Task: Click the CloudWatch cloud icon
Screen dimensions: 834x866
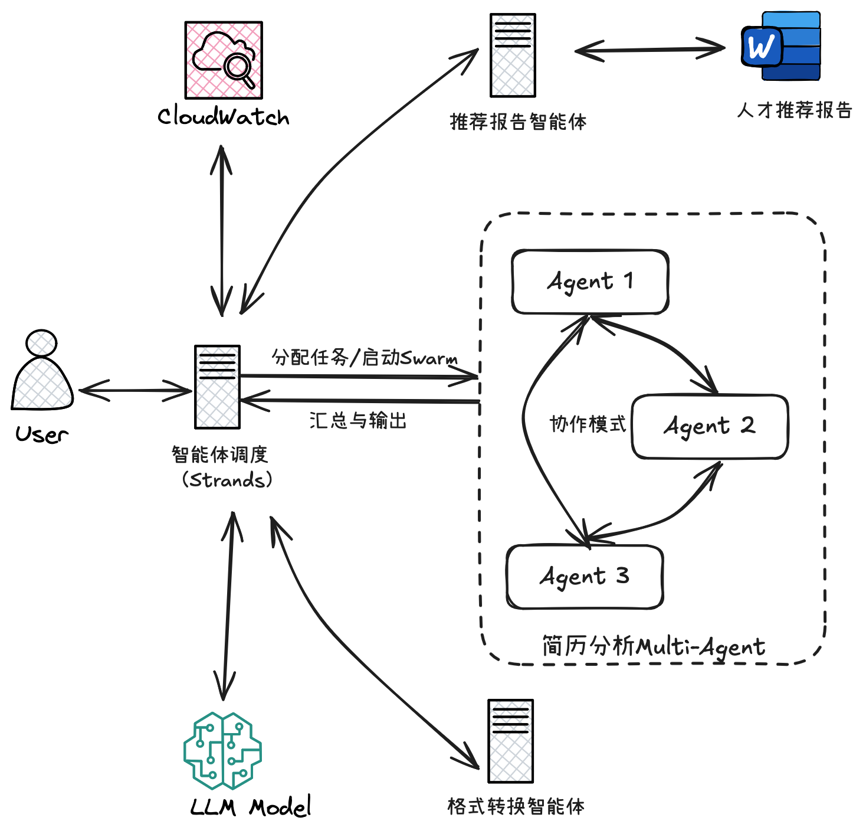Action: pyautogui.click(x=224, y=60)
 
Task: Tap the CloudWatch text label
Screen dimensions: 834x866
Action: pyautogui.click(x=224, y=116)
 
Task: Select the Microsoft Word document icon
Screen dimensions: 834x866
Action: pyautogui.click(x=781, y=46)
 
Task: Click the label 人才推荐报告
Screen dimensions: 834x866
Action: pyautogui.click(x=794, y=110)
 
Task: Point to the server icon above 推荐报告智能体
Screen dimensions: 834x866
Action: pyautogui.click(x=513, y=55)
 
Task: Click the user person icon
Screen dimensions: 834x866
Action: pyautogui.click(x=42, y=371)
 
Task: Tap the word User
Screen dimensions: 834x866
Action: pyautogui.click(x=41, y=434)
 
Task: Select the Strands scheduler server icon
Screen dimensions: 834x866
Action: pyautogui.click(x=217, y=387)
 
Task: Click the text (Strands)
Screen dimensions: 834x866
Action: pyautogui.click(x=227, y=479)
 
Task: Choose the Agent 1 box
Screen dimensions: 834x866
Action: pyautogui.click(x=590, y=282)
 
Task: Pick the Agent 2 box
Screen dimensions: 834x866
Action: pyautogui.click(x=710, y=426)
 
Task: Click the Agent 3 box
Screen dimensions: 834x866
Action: pyautogui.click(x=585, y=576)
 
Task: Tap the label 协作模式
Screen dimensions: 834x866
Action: pyautogui.click(x=588, y=423)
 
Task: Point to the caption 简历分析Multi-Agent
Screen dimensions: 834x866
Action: pyautogui.click(x=653, y=647)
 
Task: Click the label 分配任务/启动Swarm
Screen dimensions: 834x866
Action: pyautogui.click(x=364, y=357)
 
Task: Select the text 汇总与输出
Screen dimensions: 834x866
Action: pyautogui.click(x=358, y=420)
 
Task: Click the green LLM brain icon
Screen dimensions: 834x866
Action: pyautogui.click(x=222, y=751)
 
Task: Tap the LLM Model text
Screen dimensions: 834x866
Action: pyautogui.click(x=251, y=807)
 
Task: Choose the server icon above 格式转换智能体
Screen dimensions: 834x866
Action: pyautogui.click(x=510, y=741)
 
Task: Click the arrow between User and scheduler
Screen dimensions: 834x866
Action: pyautogui.click(x=136, y=390)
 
